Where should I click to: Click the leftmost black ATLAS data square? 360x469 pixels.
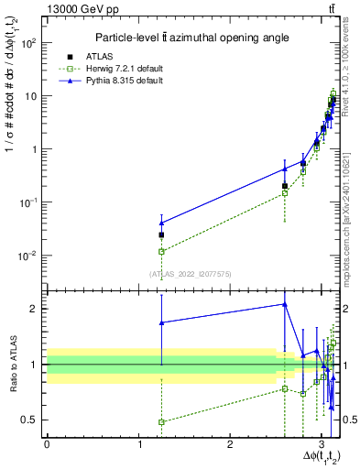click(162, 234)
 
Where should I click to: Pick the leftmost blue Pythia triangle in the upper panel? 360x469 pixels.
click(162, 223)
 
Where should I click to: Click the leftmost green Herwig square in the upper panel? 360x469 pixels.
click(162, 251)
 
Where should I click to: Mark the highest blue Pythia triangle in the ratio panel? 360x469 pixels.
click(285, 304)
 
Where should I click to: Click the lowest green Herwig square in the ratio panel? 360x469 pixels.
click(162, 422)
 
